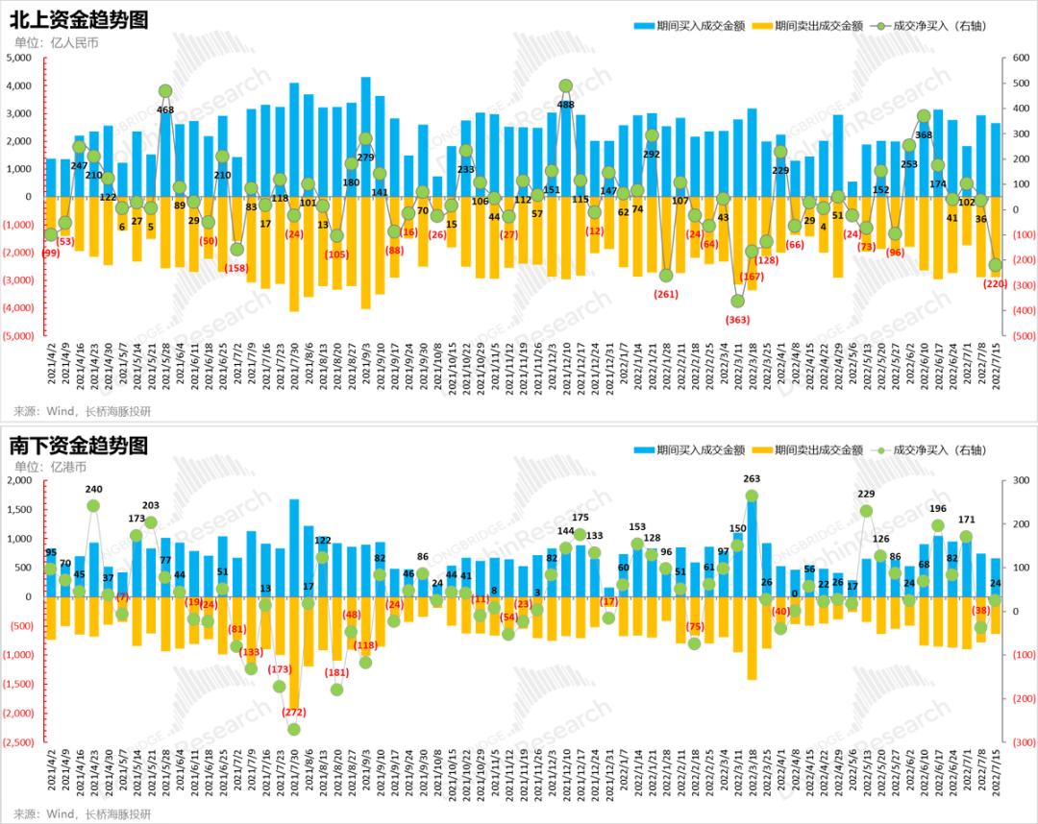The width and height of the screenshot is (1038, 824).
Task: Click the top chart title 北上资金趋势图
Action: point(79,20)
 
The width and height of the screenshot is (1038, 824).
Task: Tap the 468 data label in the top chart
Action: point(165,110)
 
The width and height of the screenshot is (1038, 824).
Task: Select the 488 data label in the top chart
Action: point(566,105)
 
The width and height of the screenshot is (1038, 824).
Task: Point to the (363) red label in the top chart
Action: point(737,319)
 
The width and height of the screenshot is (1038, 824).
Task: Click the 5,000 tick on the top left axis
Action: point(19,59)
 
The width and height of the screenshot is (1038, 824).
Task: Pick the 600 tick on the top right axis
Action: point(1015,59)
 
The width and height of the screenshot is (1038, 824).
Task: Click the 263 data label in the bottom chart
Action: point(752,478)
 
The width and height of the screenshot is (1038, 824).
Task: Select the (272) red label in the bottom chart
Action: point(294,712)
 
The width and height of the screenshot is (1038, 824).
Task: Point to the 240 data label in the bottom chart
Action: point(93,489)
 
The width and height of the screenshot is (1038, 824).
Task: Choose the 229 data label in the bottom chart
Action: point(866,494)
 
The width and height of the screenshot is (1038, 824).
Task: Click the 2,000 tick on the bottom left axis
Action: point(19,481)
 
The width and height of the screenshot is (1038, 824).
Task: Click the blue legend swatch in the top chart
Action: point(642,26)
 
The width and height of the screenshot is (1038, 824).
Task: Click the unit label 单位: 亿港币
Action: point(50,467)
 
